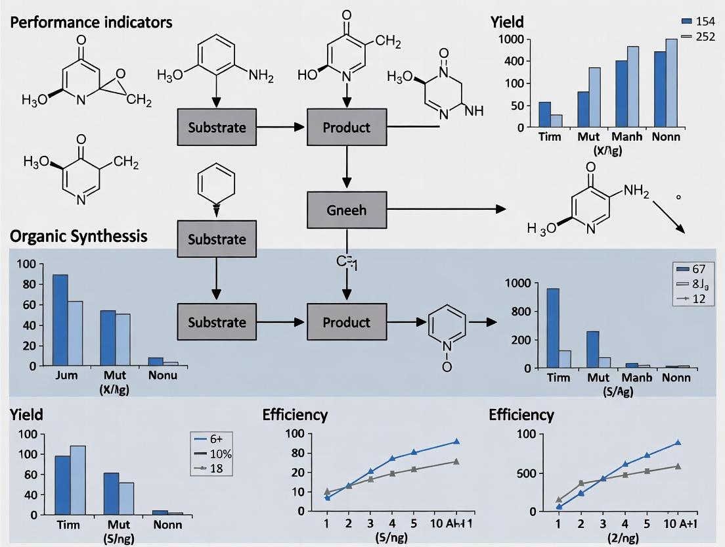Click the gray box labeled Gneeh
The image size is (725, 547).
pos(346,210)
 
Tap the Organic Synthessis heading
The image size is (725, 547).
pos(78,235)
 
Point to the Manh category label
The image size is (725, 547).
pos(626,137)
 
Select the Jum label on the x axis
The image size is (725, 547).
pos(67,375)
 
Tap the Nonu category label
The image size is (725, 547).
pos(163,375)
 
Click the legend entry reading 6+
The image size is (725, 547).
pos(215,439)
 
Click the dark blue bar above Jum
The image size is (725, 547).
pos(60,319)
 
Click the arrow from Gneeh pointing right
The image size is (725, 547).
pos(447,210)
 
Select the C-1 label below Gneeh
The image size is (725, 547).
pos(345,262)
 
